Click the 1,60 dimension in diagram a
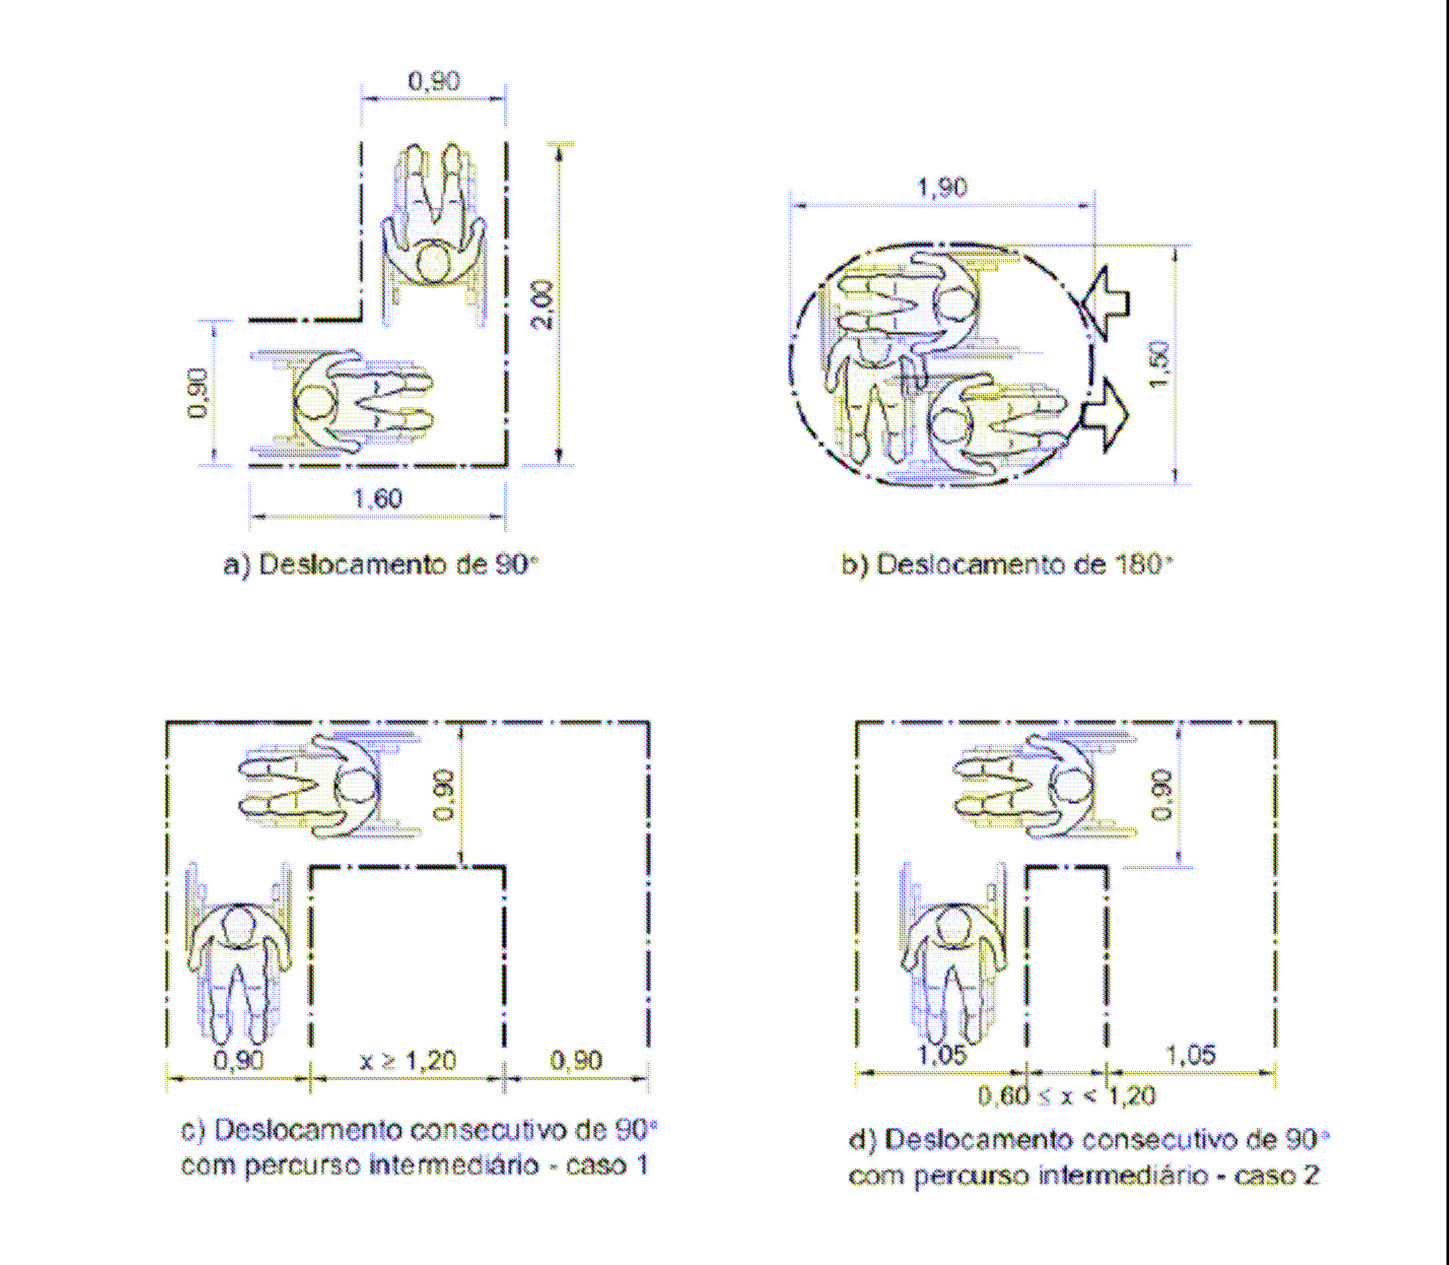[x=377, y=499]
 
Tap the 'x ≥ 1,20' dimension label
[x=408, y=1061]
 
